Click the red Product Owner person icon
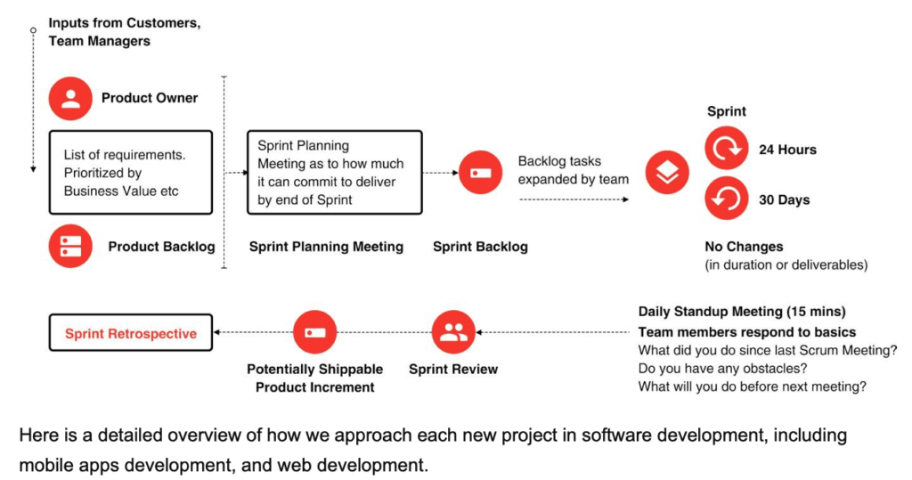click(70, 98)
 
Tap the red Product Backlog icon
click(70, 246)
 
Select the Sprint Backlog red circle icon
click(480, 173)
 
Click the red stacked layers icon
click(667, 173)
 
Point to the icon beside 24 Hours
click(727, 149)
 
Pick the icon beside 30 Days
click(727, 199)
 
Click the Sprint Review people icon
click(453, 332)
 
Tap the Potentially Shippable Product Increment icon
click(314, 332)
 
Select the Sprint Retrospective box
click(131, 333)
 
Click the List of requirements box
click(131, 172)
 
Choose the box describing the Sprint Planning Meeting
click(335, 172)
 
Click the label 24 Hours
click(787, 150)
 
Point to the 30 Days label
click(784, 199)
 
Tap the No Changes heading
click(744, 247)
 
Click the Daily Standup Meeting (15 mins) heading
click(742, 312)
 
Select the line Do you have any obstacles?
click(722, 369)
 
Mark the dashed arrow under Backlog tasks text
click(574, 199)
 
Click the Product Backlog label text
click(162, 247)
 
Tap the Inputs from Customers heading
click(125, 22)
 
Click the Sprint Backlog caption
click(480, 247)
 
